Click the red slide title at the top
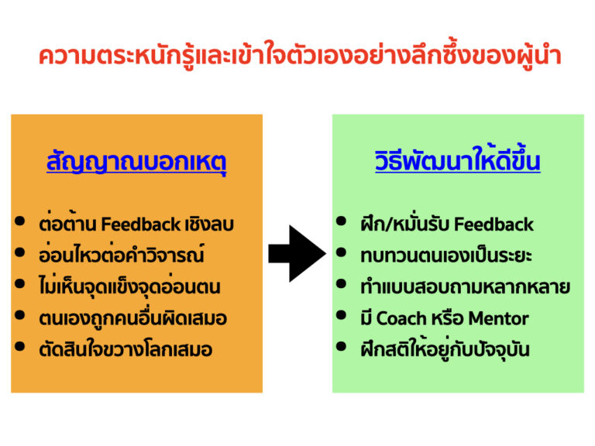[298, 57]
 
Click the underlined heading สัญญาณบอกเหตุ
[136, 163]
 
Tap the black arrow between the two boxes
[297, 253]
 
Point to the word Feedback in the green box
[494, 225]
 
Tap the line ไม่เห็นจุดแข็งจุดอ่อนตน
[129, 286]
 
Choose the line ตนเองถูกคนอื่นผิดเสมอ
[132, 317]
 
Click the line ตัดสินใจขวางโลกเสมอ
[125, 348]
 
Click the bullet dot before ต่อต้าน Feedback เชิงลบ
[19, 223]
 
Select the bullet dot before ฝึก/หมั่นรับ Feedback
[341, 223]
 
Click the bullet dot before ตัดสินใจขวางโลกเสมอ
[19, 347]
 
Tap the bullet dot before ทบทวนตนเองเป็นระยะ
[341, 254]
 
